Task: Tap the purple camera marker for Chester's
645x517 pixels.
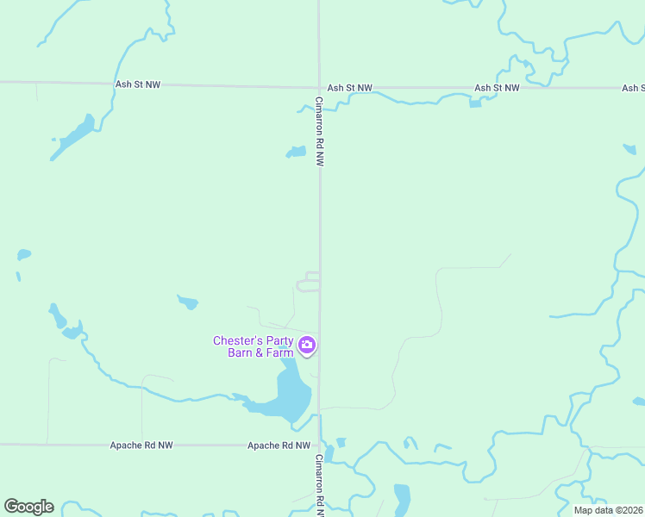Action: [x=307, y=346]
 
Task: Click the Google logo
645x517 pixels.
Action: [x=28, y=507]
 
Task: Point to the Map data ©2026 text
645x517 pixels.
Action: [x=609, y=510]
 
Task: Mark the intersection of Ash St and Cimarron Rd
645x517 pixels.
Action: [x=319, y=87]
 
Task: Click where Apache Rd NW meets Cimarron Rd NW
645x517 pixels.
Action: [x=320, y=445]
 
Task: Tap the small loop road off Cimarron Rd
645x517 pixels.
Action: [x=309, y=282]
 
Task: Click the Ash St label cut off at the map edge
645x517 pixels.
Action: [x=633, y=88]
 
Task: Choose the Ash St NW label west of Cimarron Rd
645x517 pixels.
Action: [x=138, y=84]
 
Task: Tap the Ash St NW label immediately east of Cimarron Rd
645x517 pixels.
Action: [x=350, y=88]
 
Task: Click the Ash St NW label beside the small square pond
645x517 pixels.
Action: [x=497, y=88]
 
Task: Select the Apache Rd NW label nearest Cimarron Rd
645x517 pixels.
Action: [x=279, y=445]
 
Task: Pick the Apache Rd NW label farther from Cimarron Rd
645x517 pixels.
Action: [x=141, y=445]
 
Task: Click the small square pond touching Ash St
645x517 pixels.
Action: [x=474, y=103]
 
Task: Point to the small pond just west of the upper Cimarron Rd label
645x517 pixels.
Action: [x=297, y=153]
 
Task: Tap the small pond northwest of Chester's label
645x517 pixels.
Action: [x=187, y=302]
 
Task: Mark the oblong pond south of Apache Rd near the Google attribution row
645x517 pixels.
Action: [x=402, y=498]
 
